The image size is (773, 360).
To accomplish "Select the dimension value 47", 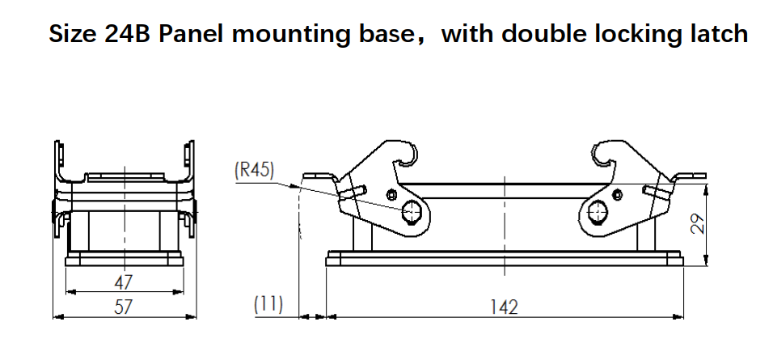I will point(123,282).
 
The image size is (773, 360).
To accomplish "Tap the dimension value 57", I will point(123,307).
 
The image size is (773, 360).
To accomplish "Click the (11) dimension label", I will point(268,305).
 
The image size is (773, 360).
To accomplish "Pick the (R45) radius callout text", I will point(255,170).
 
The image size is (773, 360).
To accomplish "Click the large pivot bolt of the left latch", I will point(412,212).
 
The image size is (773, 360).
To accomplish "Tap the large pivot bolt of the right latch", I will point(598,213).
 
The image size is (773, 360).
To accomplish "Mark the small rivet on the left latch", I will point(392,194).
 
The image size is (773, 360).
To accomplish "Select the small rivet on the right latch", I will point(618,194).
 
